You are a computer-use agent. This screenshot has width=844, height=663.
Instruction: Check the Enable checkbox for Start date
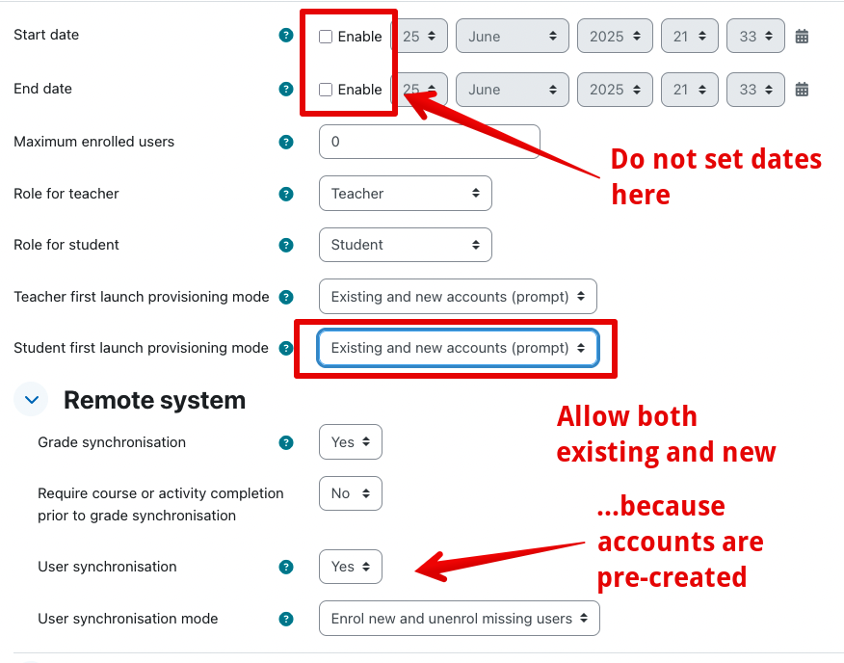[x=326, y=37]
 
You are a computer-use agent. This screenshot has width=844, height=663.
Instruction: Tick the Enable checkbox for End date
[x=326, y=90]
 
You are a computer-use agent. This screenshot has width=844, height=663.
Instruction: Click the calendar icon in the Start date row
[x=802, y=36]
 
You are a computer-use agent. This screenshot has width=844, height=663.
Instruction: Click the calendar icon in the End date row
[x=802, y=89]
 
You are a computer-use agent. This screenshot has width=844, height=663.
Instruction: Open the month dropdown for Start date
[x=513, y=36]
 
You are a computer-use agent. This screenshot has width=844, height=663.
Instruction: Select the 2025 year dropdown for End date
[x=616, y=90]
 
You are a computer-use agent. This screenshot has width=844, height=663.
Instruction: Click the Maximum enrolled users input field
[x=430, y=142]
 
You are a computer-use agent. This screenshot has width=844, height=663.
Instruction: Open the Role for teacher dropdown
[x=406, y=194]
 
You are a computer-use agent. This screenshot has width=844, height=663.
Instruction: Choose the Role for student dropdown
[x=406, y=245]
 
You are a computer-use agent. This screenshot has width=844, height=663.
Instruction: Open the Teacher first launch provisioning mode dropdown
[x=458, y=296]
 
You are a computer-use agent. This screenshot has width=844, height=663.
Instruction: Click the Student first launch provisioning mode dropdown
[x=458, y=348]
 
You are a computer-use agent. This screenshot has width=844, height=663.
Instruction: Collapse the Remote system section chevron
[x=31, y=400]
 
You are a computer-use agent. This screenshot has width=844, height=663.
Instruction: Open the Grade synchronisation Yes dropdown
[x=351, y=442]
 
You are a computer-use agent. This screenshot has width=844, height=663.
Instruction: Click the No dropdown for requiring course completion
[x=351, y=493]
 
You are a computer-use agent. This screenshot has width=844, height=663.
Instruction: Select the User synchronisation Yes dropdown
[x=351, y=567]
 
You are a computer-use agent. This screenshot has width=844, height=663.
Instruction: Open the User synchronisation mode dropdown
[x=460, y=619]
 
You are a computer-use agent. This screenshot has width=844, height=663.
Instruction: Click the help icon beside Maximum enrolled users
[x=286, y=143]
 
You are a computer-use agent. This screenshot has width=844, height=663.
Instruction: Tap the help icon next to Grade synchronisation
[x=286, y=442]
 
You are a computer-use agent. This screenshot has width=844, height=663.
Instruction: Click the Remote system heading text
[x=154, y=400]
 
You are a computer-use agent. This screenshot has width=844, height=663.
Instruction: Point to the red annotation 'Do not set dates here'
[x=716, y=176]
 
